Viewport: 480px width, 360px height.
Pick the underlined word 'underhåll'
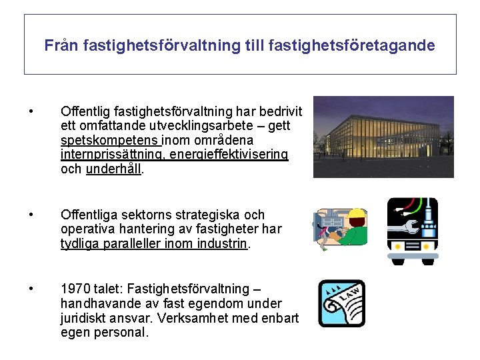(x=113, y=169)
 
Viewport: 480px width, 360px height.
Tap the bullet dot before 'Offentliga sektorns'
(x=31, y=215)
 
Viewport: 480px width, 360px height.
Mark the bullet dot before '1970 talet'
(x=31, y=289)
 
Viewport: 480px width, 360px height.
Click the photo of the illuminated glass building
(x=383, y=137)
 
